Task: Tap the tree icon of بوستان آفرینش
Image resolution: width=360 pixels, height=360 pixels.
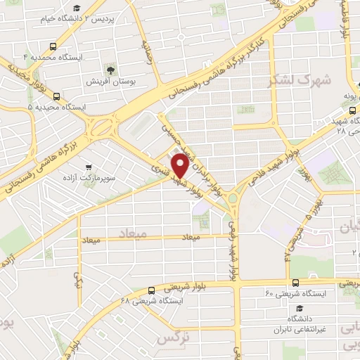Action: pyautogui.click(x=110, y=69)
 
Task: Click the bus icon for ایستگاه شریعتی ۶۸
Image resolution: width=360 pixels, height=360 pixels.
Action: pyautogui.click(x=150, y=290)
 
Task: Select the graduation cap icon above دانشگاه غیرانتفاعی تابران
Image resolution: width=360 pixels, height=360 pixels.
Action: pyautogui.click(x=300, y=308)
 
